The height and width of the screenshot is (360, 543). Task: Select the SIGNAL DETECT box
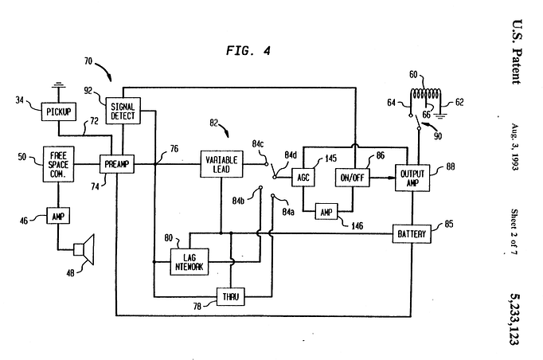pos(121,110)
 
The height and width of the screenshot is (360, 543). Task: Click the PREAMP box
pos(115,164)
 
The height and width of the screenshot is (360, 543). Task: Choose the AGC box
pos(305,177)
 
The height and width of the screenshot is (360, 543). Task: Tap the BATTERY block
pos(412,233)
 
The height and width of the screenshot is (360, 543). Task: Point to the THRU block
pos(230,296)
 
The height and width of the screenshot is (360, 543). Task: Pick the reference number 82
pos(214,123)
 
